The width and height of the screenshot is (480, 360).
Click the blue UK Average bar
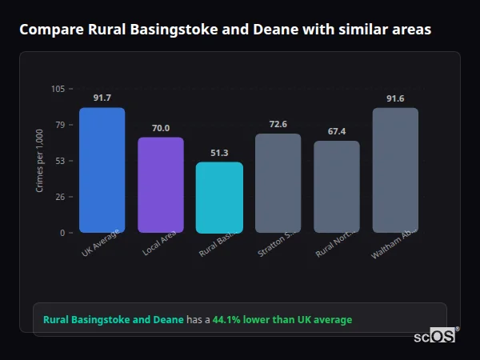102,170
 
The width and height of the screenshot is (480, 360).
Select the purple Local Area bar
160,185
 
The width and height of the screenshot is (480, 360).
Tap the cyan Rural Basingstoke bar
219,198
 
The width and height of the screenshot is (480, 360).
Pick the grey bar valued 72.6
278,182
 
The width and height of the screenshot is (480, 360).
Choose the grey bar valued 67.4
337,186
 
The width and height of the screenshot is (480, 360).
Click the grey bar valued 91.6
395,170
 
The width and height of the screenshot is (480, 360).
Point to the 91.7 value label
102,98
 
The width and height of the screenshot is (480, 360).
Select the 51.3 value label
219,153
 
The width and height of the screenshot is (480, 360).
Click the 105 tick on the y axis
58,89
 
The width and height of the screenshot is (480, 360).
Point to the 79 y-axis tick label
61,125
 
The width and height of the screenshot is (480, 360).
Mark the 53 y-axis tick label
61,161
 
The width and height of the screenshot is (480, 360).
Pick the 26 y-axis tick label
61,197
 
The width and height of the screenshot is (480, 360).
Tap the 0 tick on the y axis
62,233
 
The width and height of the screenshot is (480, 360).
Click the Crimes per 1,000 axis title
40,161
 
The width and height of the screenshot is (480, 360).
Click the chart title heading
225,30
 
